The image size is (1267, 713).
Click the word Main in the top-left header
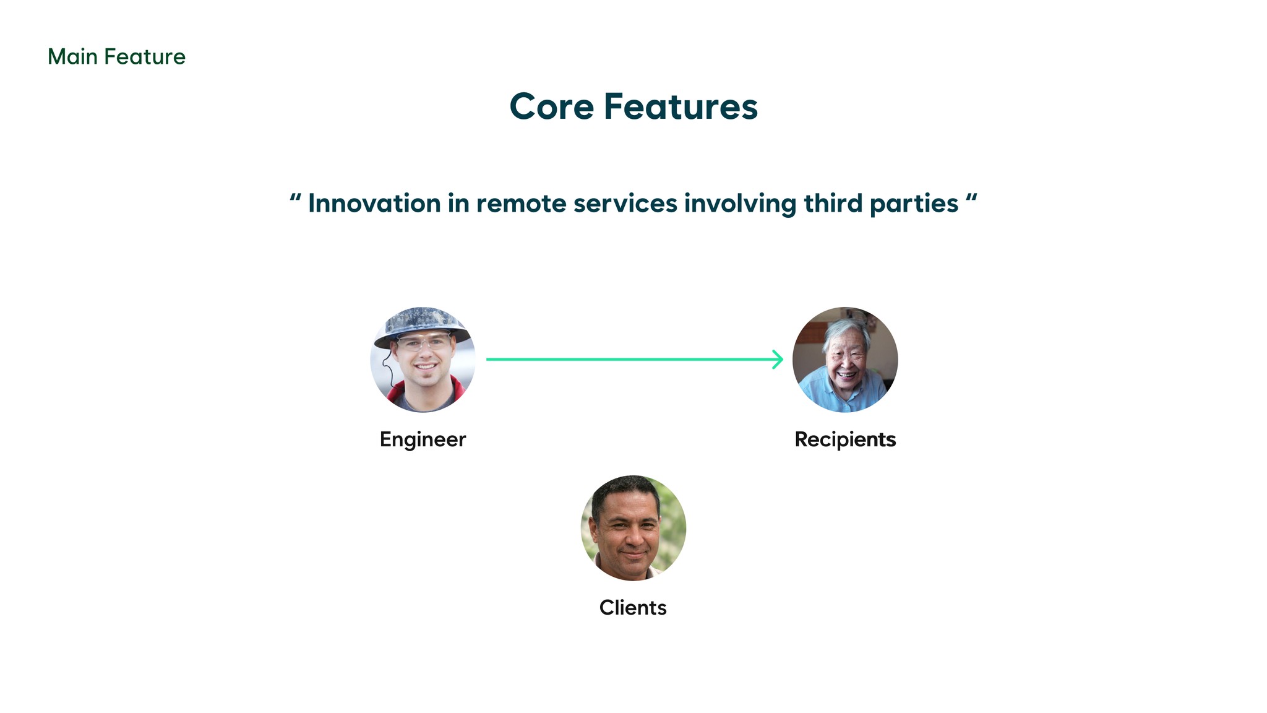click(72, 57)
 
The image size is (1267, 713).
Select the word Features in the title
click(681, 106)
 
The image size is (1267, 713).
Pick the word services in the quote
click(625, 204)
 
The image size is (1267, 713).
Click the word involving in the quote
click(740, 205)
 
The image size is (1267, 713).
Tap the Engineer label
click(423, 440)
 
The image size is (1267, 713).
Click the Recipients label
click(845, 440)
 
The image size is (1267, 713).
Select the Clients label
click(633, 608)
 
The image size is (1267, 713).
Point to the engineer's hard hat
click(422, 325)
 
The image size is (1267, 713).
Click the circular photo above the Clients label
click(633, 528)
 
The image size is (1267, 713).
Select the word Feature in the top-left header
click(145, 57)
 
